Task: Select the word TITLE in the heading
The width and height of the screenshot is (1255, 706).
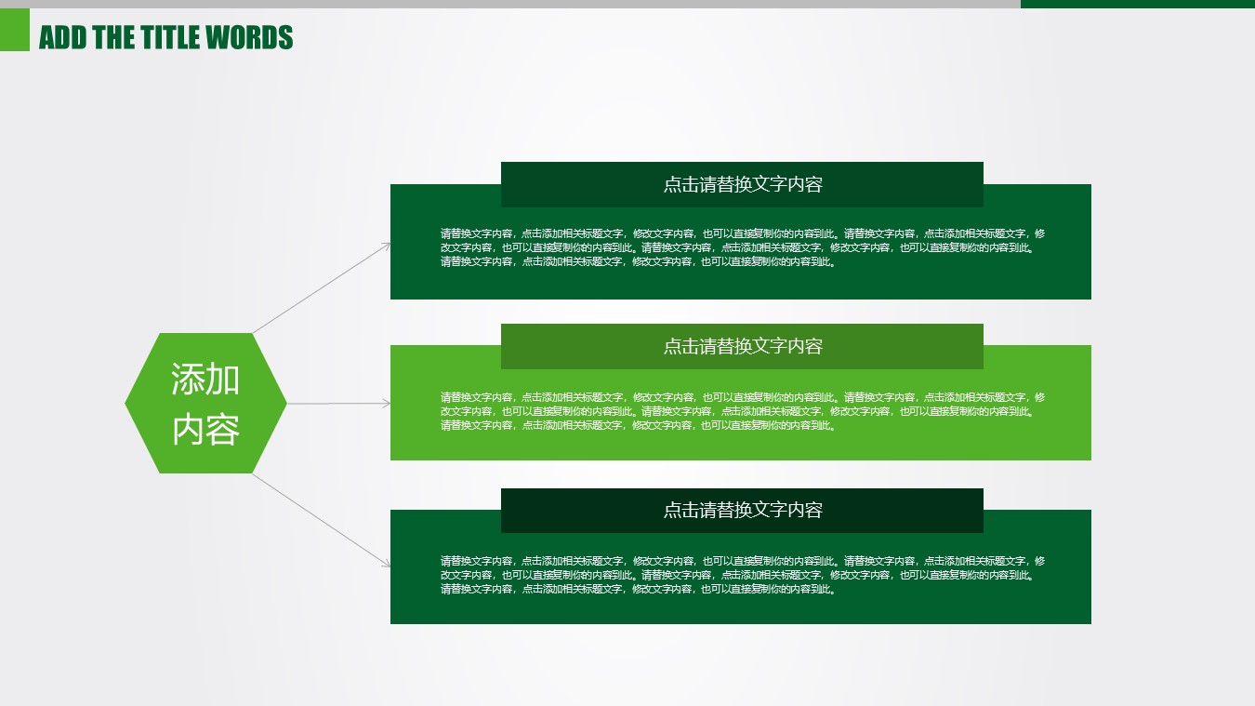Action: coord(170,37)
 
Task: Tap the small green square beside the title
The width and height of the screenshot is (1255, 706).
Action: coord(15,30)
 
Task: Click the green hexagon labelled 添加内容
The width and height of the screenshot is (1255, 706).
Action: coord(205,403)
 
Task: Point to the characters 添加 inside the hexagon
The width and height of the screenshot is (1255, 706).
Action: coord(205,380)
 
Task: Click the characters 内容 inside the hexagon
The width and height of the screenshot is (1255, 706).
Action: coord(205,430)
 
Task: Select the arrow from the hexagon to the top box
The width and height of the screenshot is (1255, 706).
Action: coord(322,288)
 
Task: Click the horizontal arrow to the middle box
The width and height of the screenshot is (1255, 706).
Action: coord(339,403)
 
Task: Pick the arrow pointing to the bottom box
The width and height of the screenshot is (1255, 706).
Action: coord(322,520)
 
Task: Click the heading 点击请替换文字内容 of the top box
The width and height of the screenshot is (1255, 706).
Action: coord(743,184)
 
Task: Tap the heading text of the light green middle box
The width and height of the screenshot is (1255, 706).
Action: coord(743,346)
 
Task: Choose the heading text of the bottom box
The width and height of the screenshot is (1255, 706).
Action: coord(743,510)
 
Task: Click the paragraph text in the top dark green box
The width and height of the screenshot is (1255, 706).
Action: coord(743,247)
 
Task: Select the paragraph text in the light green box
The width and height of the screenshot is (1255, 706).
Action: coord(743,411)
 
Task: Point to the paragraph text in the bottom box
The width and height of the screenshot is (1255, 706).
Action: coord(743,575)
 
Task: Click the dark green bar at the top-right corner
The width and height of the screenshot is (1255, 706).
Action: coord(1138,4)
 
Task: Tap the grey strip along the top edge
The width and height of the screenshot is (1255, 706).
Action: coord(510,4)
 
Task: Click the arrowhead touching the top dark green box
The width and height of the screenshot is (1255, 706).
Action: coord(386,246)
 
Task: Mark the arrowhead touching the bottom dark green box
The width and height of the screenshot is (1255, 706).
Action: coord(386,564)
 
